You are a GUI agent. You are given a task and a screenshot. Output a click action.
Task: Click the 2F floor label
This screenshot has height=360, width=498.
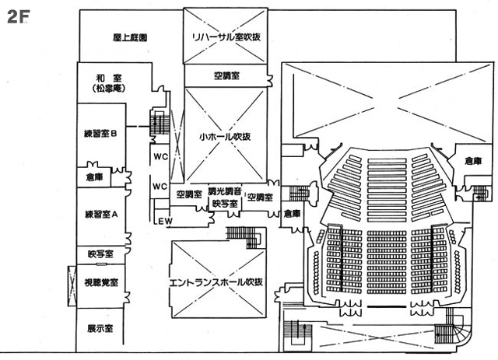(18, 16)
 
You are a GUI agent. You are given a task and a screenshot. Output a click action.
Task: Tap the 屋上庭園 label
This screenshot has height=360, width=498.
(130, 37)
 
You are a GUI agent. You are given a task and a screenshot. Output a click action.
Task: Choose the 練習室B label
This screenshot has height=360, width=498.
(100, 133)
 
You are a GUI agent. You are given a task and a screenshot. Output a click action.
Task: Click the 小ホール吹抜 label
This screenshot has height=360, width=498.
(224, 137)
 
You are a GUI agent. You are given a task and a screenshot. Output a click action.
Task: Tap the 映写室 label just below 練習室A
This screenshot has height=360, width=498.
(100, 254)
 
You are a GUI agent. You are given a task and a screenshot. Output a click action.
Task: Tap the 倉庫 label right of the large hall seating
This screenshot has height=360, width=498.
(473, 161)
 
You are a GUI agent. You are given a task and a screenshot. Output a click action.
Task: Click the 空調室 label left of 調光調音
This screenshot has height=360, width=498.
(189, 194)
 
